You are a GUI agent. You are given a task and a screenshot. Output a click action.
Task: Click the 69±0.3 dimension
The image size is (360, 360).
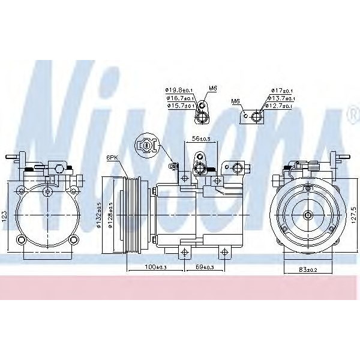point(204,266)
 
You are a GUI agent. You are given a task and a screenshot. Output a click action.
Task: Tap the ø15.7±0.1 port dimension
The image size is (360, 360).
point(179,106)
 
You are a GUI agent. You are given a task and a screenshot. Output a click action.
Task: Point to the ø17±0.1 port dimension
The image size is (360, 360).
point(281,91)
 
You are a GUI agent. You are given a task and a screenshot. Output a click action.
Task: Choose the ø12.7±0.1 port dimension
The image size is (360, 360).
point(281,106)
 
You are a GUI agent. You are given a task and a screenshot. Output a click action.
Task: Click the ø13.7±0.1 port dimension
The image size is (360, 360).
point(281,98)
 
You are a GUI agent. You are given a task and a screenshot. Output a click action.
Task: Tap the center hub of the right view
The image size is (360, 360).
point(307,214)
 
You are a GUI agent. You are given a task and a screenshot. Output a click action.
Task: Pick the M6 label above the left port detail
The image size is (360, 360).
point(212,88)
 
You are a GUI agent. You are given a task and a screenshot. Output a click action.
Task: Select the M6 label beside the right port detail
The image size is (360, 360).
point(236,101)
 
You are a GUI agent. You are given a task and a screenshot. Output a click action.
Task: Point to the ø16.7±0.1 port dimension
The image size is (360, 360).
point(179,98)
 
